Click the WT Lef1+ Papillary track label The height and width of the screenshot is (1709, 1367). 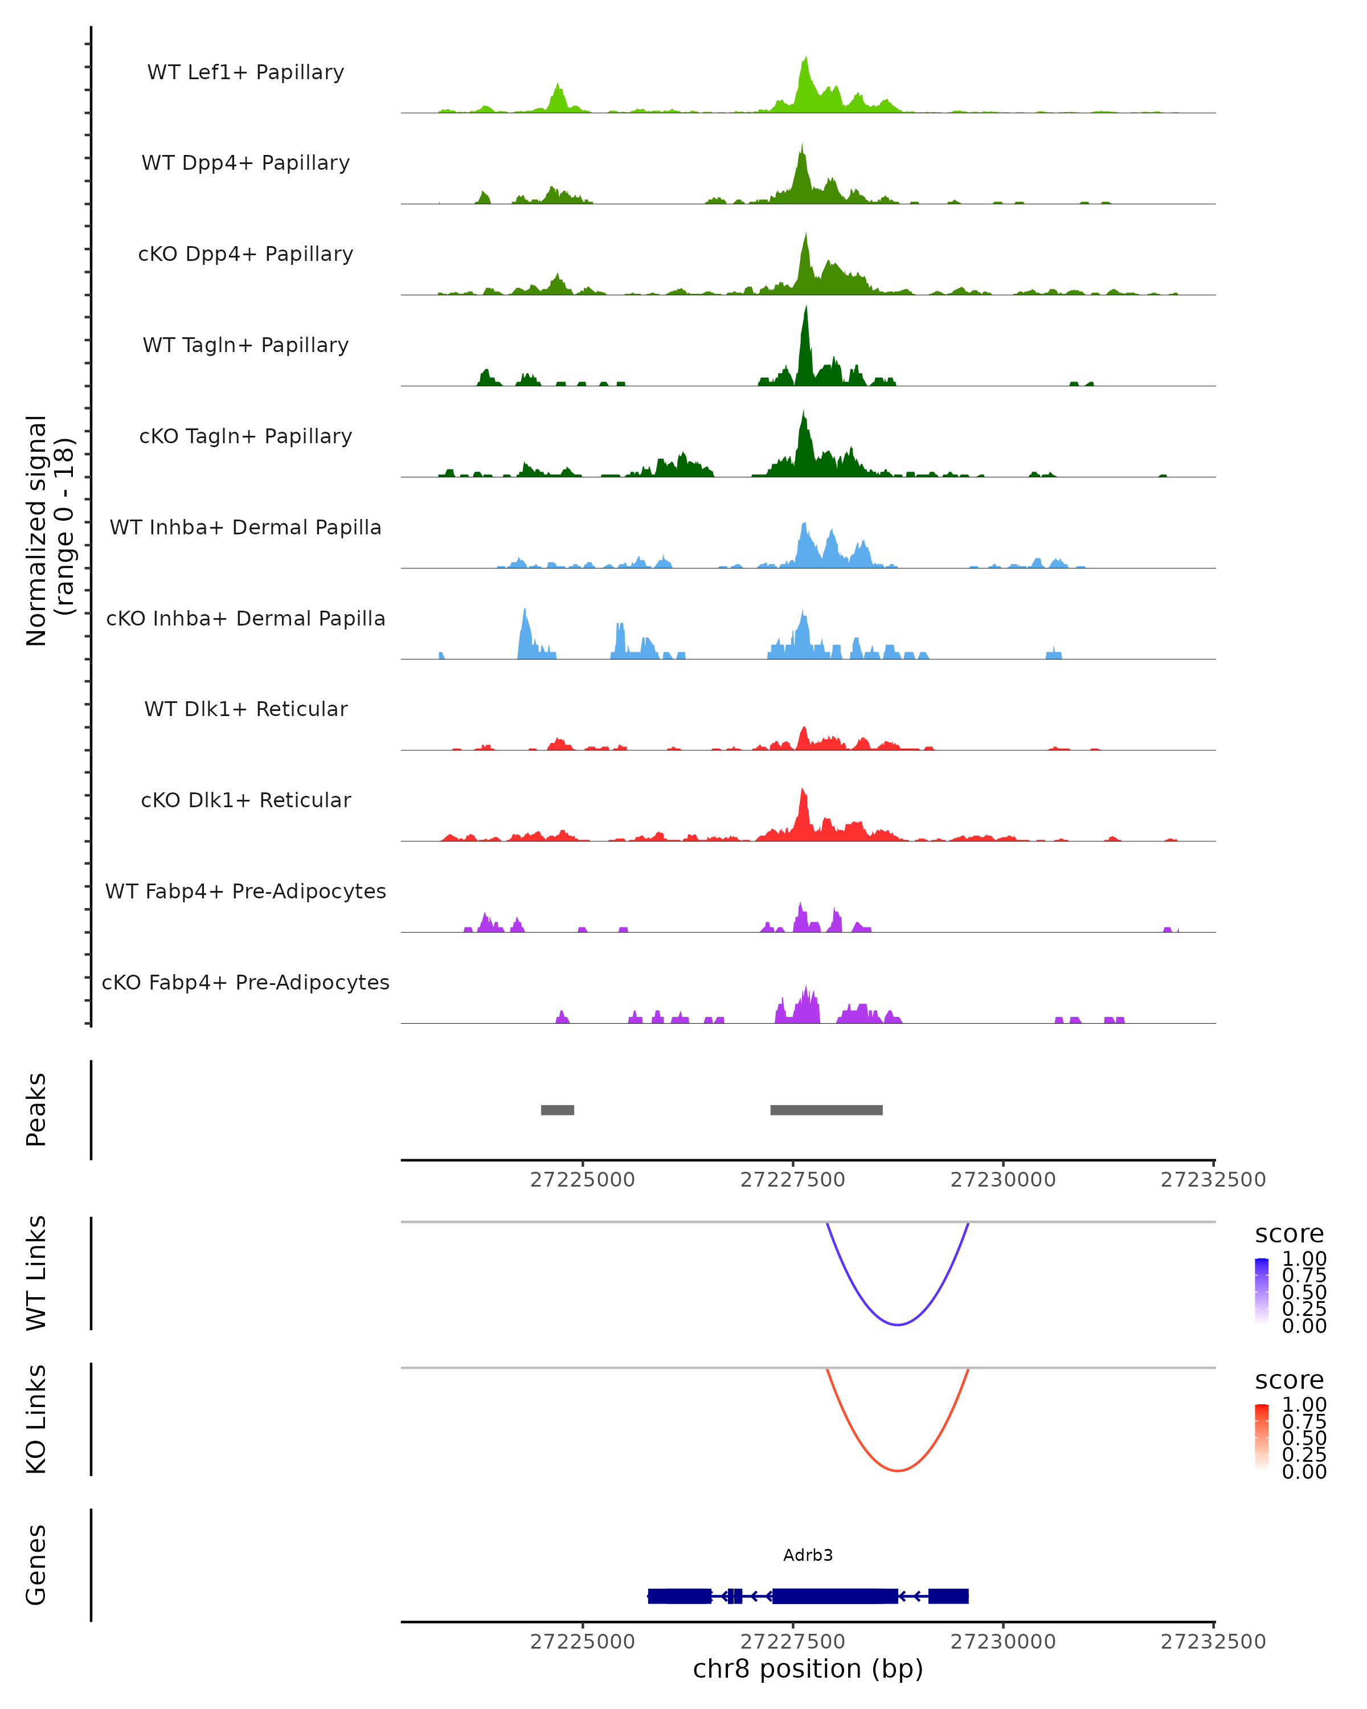click(x=245, y=72)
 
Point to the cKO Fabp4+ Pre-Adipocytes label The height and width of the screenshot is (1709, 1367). click(x=245, y=982)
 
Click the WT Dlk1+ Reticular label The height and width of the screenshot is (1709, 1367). click(x=245, y=709)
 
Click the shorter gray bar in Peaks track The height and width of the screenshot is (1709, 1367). click(x=557, y=1110)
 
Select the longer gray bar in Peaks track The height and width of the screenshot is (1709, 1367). click(x=826, y=1110)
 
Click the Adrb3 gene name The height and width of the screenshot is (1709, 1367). click(x=808, y=1555)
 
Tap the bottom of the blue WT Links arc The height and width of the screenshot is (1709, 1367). click(x=897, y=1324)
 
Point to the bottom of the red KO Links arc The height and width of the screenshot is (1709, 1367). click(x=897, y=1470)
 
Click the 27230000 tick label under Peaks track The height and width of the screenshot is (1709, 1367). click(x=1002, y=1180)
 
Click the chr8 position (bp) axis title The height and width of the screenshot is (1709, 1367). click(x=808, y=1669)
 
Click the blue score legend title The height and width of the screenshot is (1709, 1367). click(x=1288, y=1234)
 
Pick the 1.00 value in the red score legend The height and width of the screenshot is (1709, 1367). click(x=1304, y=1405)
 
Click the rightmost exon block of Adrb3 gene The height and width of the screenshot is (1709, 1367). click(x=948, y=1596)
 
